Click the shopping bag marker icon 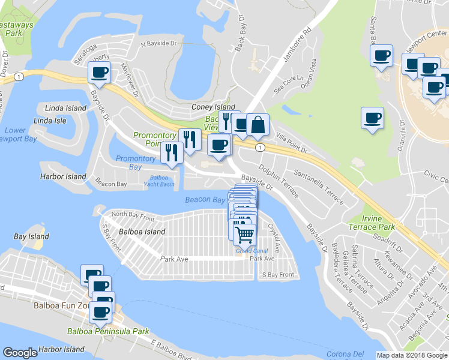click(x=258, y=125)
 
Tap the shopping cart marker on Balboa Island click(x=244, y=233)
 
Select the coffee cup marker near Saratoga click(x=99, y=73)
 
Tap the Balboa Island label click(x=142, y=232)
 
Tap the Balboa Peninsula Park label click(x=108, y=331)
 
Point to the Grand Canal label click(x=252, y=250)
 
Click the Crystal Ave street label click(x=274, y=238)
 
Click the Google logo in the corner click(x=20, y=353)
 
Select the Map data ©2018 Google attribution click(x=412, y=355)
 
